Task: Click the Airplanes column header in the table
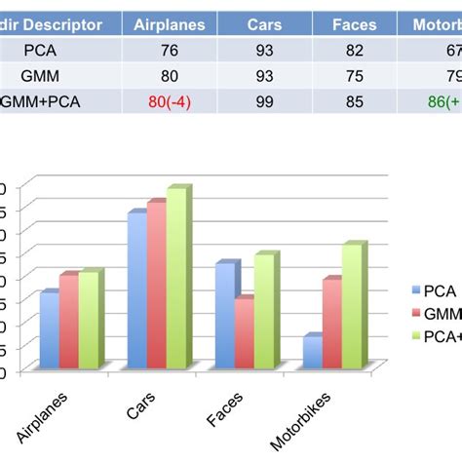169,23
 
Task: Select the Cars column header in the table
258,23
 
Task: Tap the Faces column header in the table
354,23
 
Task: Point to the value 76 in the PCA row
170,50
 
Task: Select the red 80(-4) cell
170,98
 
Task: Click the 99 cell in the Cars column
258,98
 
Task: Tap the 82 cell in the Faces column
354,50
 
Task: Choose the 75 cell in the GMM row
354,74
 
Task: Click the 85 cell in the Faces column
354,98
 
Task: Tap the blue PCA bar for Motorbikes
311,353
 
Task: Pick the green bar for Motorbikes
352,306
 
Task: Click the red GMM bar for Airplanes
68,322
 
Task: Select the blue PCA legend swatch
416,290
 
